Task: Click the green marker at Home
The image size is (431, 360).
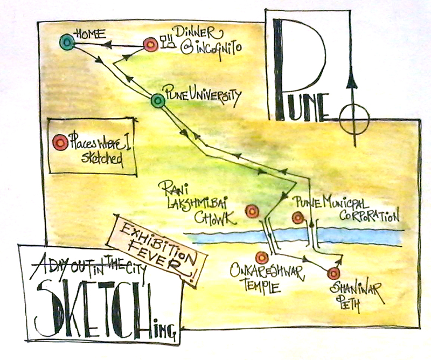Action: pyautogui.click(x=67, y=42)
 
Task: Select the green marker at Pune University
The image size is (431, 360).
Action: pyautogui.click(x=157, y=100)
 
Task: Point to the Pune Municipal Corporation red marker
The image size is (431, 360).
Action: pyautogui.click(x=297, y=218)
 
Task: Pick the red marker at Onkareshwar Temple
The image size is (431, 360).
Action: pyautogui.click(x=262, y=258)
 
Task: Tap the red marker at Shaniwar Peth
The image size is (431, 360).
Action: pyautogui.click(x=334, y=272)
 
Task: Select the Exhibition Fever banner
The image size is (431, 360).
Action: pyautogui.click(x=157, y=248)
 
